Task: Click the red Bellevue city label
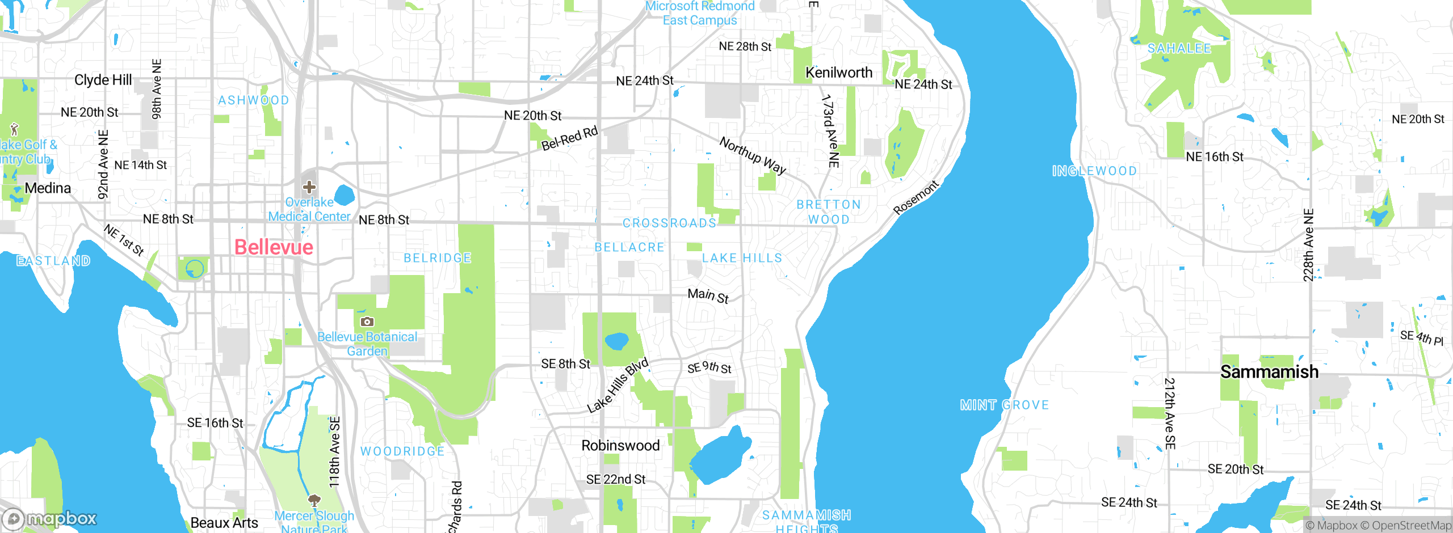(x=274, y=247)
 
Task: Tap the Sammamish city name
(x=1269, y=372)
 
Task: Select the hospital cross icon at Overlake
(x=309, y=187)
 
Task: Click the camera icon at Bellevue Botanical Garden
(x=367, y=322)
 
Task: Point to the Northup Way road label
(x=753, y=155)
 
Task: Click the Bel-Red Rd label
(x=569, y=139)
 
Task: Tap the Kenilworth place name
(x=839, y=73)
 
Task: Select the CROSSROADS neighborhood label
(x=669, y=223)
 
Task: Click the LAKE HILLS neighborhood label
(x=742, y=259)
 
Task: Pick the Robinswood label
(x=620, y=446)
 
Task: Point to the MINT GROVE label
(x=1004, y=405)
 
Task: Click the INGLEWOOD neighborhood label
(x=1094, y=171)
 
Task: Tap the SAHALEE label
(x=1179, y=49)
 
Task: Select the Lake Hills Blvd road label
(x=618, y=386)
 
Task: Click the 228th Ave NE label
(x=1308, y=245)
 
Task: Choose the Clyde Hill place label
(x=103, y=80)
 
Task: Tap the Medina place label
(x=48, y=188)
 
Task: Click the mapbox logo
(x=50, y=518)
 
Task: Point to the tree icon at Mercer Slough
(x=314, y=500)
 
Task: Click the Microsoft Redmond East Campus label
(x=700, y=13)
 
